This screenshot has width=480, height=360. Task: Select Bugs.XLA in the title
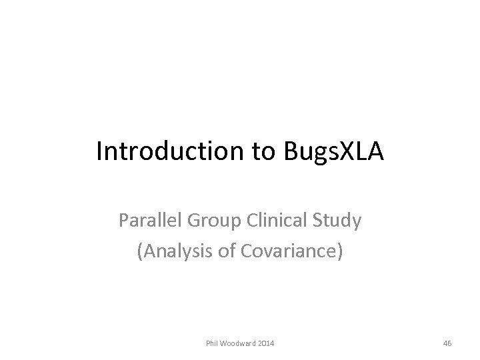pos(329,152)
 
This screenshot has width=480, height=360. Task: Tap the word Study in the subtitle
pos(338,221)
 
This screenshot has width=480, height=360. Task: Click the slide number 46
pos(447,343)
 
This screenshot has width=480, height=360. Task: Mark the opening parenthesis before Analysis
pos(139,252)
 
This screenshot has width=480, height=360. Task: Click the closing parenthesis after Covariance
pos(341,252)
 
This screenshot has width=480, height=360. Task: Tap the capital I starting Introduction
pos(99,152)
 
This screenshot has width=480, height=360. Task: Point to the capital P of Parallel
pos(123,221)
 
